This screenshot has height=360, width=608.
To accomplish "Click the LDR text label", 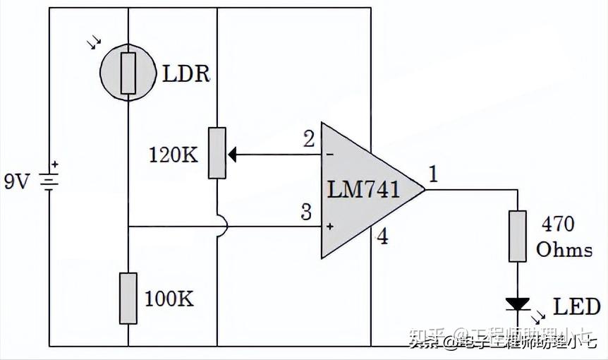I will coord(187,73).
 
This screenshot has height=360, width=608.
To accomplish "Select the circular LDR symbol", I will coord(128,71).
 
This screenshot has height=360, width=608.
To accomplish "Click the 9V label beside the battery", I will coord(17,183).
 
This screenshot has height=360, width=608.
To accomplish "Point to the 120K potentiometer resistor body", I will coord(217,153).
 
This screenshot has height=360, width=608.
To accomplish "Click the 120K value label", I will coord(174,155).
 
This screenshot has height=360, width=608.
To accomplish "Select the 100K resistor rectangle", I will coord(128,299).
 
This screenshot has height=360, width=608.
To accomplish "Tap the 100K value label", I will coord(169,299).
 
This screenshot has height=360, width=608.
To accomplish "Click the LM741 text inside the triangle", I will coord(363,189).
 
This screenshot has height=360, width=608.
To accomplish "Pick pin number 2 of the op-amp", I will coord(309,139).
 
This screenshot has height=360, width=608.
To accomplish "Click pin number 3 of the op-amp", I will coord(305,212).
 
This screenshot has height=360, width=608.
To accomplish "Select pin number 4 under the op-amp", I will coord(382,237).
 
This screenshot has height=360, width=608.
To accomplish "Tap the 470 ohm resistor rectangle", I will coord(518,236).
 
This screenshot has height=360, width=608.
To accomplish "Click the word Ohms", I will coord(564,250).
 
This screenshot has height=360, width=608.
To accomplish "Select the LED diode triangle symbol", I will coord(518,304).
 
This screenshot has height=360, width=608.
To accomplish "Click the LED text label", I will coord(576,306).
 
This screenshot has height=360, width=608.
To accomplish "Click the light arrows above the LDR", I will coord(94,44).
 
